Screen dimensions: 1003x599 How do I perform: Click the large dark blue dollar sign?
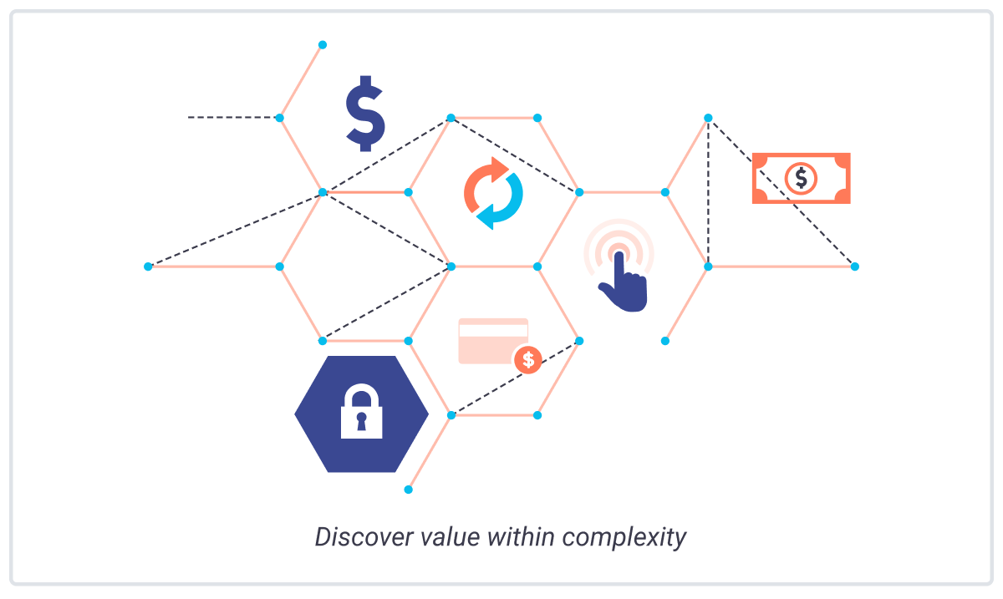click(x=365, y=114)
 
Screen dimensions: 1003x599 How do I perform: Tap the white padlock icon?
click(x=361, y=412)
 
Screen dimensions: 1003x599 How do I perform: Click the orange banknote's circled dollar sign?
click(x=801, y=178)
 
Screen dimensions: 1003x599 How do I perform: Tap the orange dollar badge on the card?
click(x=528, y=360)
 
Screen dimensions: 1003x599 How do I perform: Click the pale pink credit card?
click(x=491, y=340)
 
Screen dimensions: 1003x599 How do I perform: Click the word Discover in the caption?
click(x=364, y=537)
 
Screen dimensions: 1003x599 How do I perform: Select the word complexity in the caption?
click(x=624, y=538)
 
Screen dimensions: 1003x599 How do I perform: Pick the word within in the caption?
click(x=522, y=537)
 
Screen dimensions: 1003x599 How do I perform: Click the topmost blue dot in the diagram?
click(x=323, y=45)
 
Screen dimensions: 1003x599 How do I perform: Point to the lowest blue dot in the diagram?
click(x=409, y=490)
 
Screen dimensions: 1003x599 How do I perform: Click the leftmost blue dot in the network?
click(x=148, y=267)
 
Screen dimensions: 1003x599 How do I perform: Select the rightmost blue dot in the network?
click(x=855, y=267)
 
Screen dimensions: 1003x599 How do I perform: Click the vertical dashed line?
click(x=709, y=192)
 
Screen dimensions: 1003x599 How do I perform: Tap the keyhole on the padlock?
click(x=361, y=421)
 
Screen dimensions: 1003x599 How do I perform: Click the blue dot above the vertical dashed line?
click(x=709, y=118)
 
